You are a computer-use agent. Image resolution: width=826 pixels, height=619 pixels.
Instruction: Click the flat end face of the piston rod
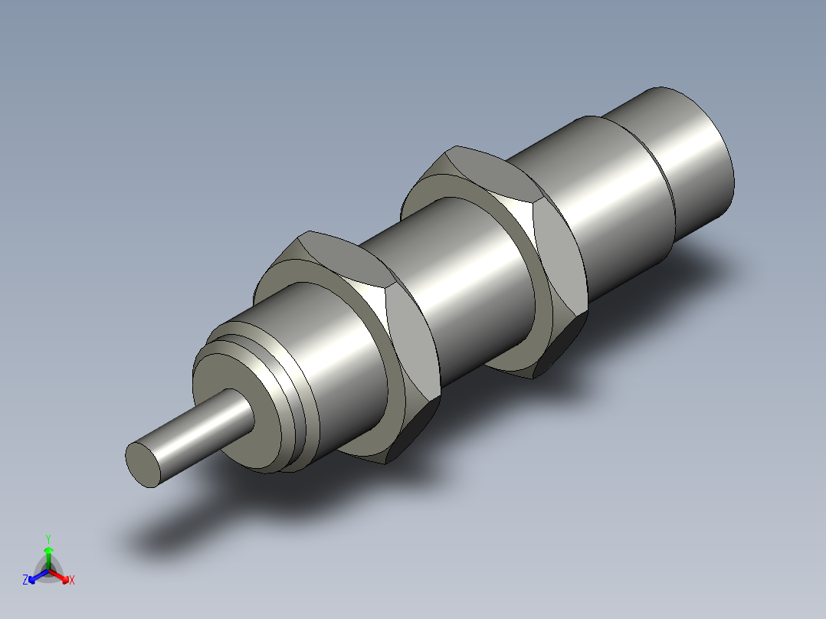click(x=144, y=463)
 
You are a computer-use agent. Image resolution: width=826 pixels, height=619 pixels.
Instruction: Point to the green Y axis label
click(x=48, y=539)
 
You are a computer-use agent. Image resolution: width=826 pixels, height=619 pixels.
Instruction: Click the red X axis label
click(x=71, y=581)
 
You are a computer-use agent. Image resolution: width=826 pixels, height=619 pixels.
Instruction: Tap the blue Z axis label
click(x=25, y=581)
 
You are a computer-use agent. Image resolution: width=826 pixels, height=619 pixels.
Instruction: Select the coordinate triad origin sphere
click(x=48, y=571)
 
